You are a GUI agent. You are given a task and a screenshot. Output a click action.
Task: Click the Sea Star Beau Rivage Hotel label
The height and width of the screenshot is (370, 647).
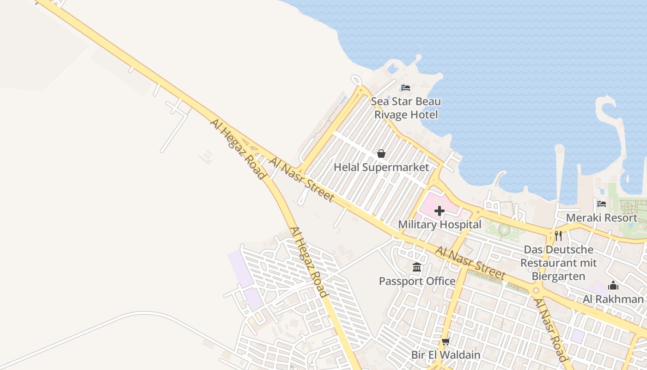tap(406, 108)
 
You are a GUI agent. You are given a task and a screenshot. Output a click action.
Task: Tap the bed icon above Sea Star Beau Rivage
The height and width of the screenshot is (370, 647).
tap(406, 87)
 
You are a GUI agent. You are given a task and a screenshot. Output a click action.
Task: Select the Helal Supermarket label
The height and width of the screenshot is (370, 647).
tap(381, 167)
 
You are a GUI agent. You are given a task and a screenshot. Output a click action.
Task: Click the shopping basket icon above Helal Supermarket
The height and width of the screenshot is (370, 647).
tap(381, 153)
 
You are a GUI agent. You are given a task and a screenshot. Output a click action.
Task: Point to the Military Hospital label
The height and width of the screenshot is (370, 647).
tap(439, 225)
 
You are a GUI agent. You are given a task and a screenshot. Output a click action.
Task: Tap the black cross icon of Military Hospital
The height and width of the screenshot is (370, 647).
tap(439, 211)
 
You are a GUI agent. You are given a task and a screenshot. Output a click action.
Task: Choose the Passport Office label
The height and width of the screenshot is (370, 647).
tap(417, 281)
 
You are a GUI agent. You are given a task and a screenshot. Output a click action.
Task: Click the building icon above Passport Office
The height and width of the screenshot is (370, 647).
tap(417, 267)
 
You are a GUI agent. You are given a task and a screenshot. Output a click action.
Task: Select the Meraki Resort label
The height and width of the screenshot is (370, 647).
tap(601, 217)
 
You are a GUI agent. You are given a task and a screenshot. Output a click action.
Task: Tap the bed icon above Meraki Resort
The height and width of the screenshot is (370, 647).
tap(601, 203)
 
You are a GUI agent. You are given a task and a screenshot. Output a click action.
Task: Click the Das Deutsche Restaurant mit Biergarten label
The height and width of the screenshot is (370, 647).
tap(558, 263)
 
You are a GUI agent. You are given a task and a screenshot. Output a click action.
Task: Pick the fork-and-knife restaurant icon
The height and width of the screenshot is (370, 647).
tap(558, 236)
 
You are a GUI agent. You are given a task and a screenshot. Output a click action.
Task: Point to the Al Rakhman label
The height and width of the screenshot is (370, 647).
tap(613, 299)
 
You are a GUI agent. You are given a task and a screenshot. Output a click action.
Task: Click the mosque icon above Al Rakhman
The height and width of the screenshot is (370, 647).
tap(613, 285)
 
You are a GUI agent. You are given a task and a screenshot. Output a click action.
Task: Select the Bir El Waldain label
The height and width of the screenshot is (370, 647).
tap(446, 355)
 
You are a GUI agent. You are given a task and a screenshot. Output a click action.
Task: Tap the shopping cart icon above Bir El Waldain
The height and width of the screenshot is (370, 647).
tap(446, 342)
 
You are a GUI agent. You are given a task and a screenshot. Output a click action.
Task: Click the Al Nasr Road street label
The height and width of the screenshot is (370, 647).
tap(550, 330)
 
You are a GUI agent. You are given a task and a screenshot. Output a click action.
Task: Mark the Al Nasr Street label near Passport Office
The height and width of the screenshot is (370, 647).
tap(470, 263)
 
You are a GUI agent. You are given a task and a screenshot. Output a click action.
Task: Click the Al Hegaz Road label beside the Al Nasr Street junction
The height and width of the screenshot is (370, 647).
tap(238, 148)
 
